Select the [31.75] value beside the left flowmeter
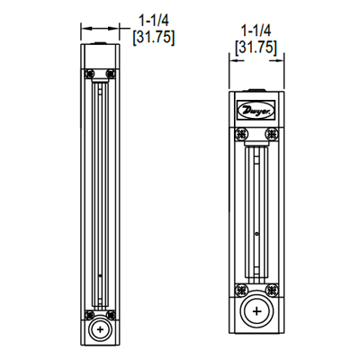click(x=153, y=37)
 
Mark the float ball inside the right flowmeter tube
click(x=257, y=236)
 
